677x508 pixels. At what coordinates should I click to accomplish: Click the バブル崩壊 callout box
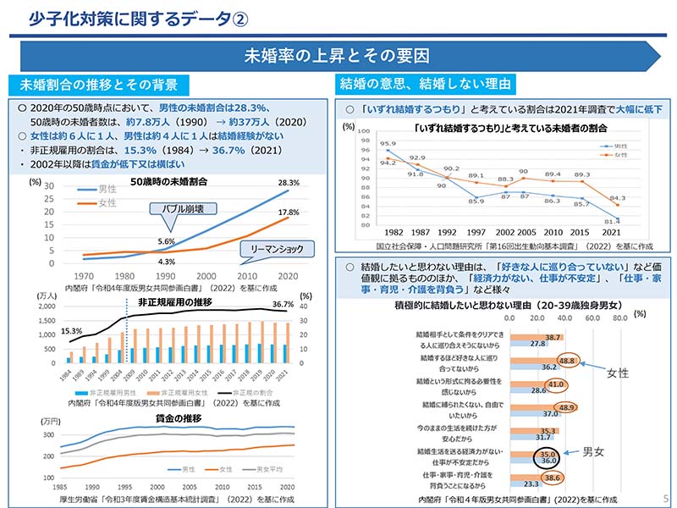[182, 207]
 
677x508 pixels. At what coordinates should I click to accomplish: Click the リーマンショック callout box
[272, 250]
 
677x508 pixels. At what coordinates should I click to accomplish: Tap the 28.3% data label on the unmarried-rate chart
[288, 182]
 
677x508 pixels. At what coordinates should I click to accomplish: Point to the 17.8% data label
[289, 212]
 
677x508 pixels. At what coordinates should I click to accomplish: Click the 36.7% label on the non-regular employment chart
[282, 304]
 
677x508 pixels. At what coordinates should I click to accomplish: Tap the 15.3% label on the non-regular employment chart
[71, 331]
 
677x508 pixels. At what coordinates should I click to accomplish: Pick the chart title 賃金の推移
[179, 418]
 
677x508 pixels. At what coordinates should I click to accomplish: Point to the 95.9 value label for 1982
[388, 144]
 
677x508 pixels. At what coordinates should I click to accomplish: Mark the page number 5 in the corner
[666, 497]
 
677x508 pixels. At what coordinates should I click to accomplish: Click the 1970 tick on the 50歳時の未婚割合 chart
[84, 276]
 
